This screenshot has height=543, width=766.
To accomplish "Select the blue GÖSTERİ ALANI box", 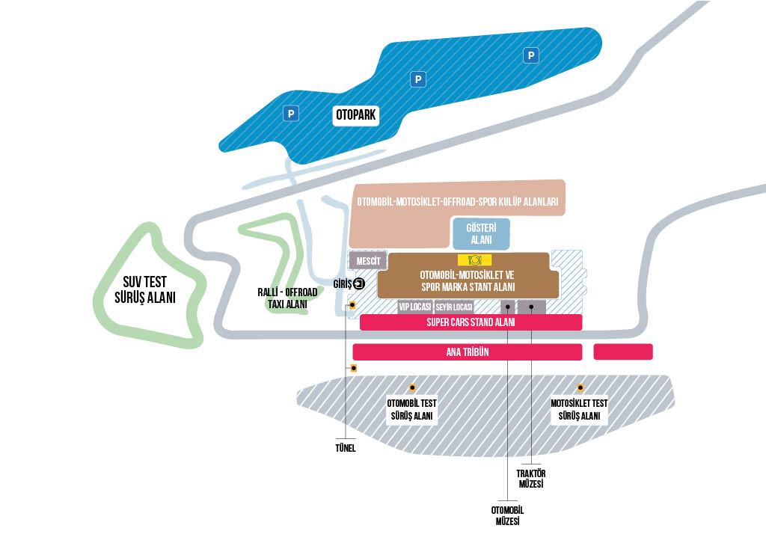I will pos(481,233).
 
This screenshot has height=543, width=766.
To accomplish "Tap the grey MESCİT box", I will pos(368,261).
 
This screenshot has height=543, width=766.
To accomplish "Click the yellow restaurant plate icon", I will pos(474,260).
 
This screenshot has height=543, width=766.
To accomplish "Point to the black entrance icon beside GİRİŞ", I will pos(359,283).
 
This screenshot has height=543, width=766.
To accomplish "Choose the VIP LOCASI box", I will pos(414,307).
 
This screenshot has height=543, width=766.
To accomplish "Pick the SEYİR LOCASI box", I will pos(454,307).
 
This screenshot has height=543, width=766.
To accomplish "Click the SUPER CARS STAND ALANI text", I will pos(471,322).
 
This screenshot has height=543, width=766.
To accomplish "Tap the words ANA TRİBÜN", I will pos(467,352).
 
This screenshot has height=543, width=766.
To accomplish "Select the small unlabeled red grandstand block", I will pos(623,352).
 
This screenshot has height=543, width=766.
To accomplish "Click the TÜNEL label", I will pos(345,448).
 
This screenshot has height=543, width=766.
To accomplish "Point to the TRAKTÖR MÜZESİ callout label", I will pos(531,479).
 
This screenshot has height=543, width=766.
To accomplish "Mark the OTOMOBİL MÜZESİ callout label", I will pos(506,516).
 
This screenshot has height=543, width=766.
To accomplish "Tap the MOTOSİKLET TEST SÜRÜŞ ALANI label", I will pos(579,410).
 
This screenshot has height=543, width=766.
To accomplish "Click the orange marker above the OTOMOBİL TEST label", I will pos(412,388).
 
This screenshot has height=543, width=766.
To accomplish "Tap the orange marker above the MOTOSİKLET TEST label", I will pos(580,388).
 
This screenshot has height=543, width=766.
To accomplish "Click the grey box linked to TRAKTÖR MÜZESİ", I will pos(531,307).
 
